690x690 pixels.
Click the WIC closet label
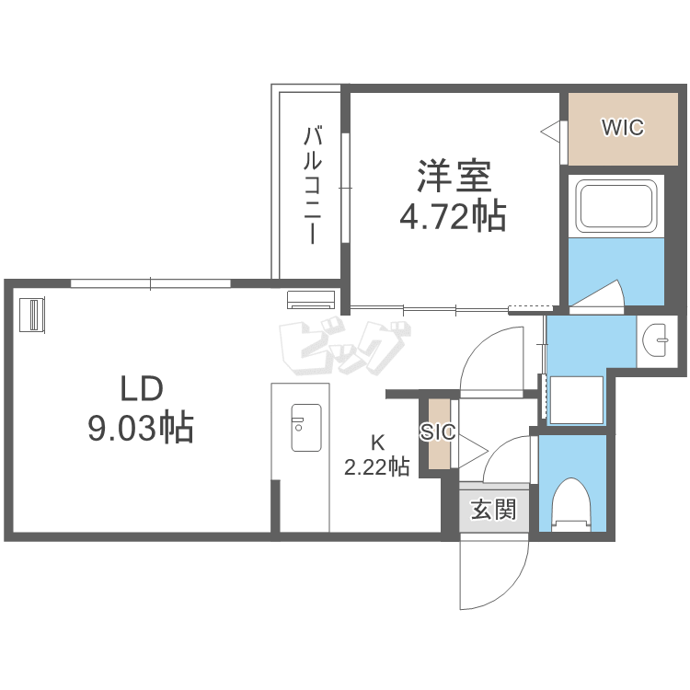[x=623, y=128]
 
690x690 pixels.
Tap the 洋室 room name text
[x=454, y=175]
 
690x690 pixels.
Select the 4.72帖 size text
[x=453, y=216]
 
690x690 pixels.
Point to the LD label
[x=142, y=389]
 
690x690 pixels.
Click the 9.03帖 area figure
[x=141, y=427]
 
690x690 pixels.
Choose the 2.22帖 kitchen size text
[x=376, y=466]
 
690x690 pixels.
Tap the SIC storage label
[x=437, y=432]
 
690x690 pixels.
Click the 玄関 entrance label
[x=493, y=510]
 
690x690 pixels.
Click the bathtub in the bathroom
[x=616, y=206]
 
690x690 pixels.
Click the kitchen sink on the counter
[x=306, y=427]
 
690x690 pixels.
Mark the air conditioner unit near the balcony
[x=311, y=299]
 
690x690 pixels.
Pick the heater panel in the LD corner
[x=32, y=315]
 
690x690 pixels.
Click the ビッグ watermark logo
[x=345, y=349]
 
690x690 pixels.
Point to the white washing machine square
[x=577, y=400]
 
